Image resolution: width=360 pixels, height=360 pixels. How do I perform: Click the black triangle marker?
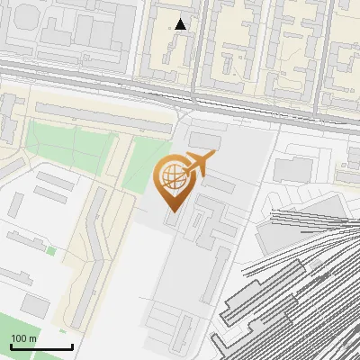181,24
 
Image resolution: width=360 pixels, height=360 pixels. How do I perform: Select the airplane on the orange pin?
199,164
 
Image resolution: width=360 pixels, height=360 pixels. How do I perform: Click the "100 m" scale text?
23,338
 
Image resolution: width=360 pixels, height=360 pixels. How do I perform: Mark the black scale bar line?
40,346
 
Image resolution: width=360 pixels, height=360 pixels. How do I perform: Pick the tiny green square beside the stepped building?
51,250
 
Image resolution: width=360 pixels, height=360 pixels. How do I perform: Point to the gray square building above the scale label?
36,304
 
